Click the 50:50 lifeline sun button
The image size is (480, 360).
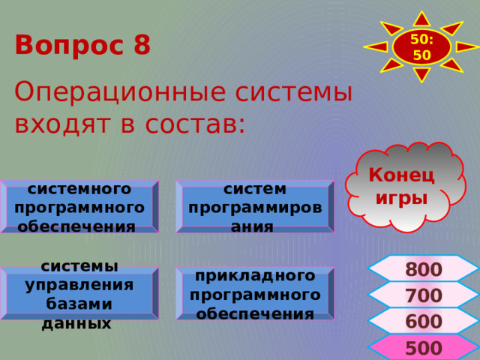tap(422, 46)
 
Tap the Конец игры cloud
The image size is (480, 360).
tap(403, 187)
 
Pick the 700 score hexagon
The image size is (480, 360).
tap(424, 295)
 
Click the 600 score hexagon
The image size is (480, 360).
tap(424, 322)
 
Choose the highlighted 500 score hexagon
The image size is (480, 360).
tap(424, 348)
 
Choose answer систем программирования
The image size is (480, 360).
tap(254, 207)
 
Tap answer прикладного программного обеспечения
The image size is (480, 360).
tap(255, 294)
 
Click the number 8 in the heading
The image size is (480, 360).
tap(142, 45)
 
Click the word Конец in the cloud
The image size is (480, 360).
tap(401, 175)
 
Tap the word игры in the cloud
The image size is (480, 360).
tap(402, 198)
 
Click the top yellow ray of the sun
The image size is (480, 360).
tap(422, 17)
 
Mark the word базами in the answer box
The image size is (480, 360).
tap(78, 304)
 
